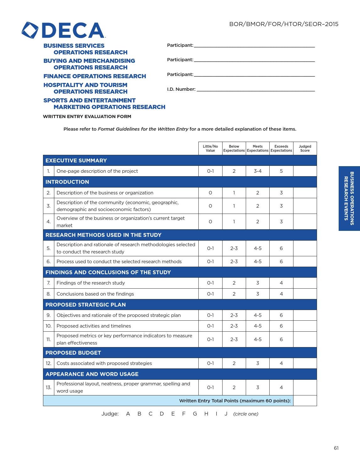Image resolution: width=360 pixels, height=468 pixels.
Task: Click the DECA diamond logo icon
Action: pos(30,30)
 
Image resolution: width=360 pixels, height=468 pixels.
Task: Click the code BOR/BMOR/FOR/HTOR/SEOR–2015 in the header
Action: pos(284,24)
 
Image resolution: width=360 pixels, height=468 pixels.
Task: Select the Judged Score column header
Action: pos(305,149)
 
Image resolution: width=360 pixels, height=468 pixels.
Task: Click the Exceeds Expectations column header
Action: pos(281,149)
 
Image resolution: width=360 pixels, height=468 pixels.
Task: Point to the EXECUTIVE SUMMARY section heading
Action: pos(76,161)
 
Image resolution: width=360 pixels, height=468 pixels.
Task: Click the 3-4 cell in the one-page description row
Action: pos(258,171)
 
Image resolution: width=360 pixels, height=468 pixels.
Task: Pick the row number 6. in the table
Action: pos(49,262)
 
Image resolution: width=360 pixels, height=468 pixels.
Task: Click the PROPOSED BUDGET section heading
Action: pos(73,353)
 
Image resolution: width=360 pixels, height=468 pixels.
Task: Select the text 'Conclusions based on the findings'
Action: pos(95,294)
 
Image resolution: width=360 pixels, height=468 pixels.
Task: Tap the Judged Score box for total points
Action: pos(305,401)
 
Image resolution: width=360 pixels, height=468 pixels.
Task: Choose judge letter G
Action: pos(195,414)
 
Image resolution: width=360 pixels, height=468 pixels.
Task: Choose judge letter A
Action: pos(128,414)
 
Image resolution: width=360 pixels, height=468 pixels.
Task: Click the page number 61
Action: pos(336,448)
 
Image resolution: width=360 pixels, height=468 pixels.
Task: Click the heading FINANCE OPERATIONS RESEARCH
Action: pos(94,76)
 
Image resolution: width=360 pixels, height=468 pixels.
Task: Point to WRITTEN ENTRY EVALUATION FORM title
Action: pos(87,117)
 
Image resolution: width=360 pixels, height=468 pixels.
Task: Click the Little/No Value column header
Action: pos(210,149)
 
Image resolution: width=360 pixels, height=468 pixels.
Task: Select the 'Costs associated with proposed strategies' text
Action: pos(104,363)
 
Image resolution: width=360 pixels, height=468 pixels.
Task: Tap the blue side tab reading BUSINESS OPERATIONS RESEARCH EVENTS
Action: pos(349,198)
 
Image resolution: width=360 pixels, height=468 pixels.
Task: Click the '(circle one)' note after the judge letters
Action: pos(246,414)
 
